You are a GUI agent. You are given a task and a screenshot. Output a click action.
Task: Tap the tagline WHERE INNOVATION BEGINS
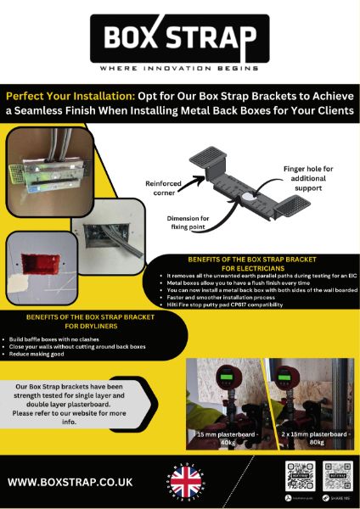179,68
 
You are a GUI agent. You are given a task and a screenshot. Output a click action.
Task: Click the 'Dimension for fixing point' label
197,221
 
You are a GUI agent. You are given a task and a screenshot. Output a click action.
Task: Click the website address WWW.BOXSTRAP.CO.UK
70,482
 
